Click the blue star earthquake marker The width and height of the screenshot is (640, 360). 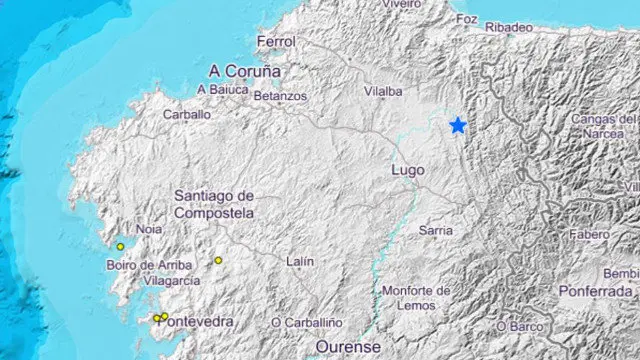[x=458, y=125]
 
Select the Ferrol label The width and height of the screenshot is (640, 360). [x=277, y=43]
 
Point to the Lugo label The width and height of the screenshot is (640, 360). [x=404, y=171]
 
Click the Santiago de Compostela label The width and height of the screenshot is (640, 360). [x=214, y=204]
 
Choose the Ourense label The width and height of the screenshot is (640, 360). [x=348, y=346]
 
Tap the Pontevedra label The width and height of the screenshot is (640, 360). [x=200, y=321]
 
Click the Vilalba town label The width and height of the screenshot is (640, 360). [x=383, y=91]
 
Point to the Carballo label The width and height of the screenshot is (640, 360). [x=187, y=114]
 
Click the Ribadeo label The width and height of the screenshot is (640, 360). [x=509, y=28]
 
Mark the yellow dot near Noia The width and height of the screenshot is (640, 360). [x=120, y=246]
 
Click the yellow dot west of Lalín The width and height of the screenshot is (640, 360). [x=218, y=261]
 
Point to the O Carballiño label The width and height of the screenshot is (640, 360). [x=307, y=322]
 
